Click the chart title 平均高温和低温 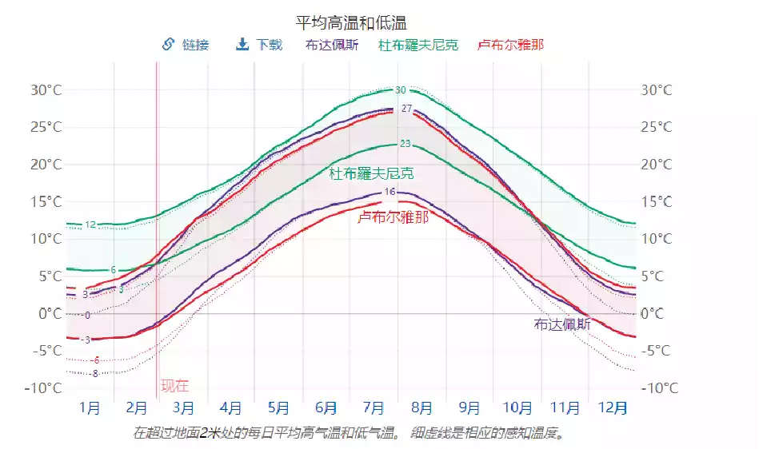tap(357, 22)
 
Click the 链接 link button tap(186, 45)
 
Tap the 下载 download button tap(259, 45)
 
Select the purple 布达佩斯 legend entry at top tap(332, 45)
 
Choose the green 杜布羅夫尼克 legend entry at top tap(418, 45)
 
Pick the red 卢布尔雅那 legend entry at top tap(510, 45)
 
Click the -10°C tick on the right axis tap(661, 388)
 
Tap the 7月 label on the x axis tap(374, 409)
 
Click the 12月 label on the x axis tap(613, 409)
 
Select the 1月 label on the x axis tap(90, 409)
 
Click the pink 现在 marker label tap(175, 387)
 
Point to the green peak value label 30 tap(401, 90)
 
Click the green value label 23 tap(405, 144)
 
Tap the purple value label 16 tap(389, 192)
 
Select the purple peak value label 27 tap(406, 109)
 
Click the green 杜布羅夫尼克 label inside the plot tap(371, 173)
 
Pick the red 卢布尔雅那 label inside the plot tap(393, 217)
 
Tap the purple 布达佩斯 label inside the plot tap(562, 324)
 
